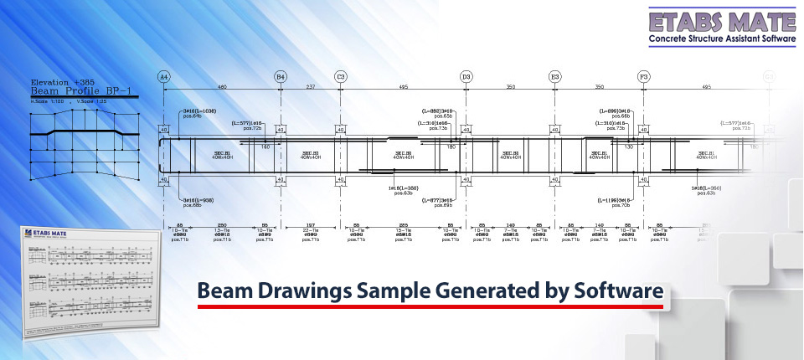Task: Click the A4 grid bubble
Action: point(164,76)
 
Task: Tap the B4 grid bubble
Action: point(281,76)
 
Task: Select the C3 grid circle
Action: point(341,76)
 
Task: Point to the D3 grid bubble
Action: point(466,76)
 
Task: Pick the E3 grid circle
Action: point(554,76)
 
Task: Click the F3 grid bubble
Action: point(643,76)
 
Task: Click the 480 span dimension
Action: point(222,86)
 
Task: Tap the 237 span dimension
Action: point(310,86)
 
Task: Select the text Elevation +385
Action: point(63,82)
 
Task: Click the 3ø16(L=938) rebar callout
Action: point(198,200)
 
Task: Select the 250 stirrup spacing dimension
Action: point(222,225)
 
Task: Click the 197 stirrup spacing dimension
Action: point(310,225)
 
